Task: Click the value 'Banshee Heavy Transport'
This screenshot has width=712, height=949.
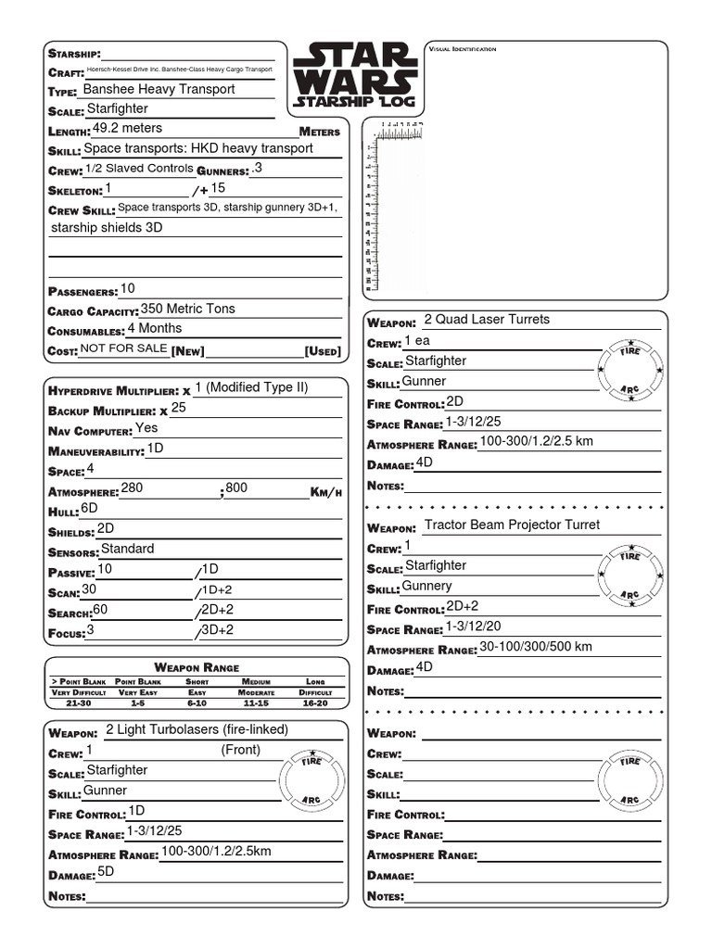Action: [x=159, y=90]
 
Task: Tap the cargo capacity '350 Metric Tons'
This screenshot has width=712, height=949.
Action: [x=187, y=309]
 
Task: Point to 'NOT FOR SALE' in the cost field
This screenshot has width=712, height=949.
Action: [x=123, y=348]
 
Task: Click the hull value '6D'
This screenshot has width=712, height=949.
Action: [x=89, y=508]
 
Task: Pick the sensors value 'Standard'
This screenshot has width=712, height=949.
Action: [x=127, y=549]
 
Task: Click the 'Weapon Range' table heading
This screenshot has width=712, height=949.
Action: [x=197, y=667]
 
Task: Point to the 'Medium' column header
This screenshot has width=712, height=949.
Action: [x=255, y=681]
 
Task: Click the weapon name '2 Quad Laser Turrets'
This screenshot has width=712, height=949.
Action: [x=486, y=320]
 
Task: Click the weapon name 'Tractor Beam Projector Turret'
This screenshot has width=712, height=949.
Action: [x=512, y=525]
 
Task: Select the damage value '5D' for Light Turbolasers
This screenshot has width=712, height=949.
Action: [x=106, y=872]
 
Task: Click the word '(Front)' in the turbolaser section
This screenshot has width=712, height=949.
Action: [x=240, y=750]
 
